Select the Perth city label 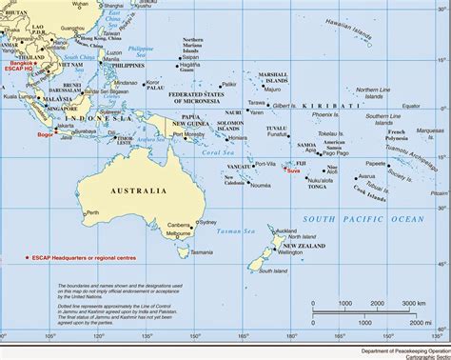pos(92,212)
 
